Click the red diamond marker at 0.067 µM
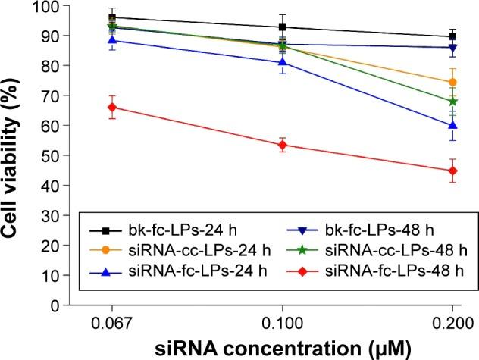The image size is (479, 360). click(112, 107)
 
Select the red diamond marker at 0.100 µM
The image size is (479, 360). click(283, 145)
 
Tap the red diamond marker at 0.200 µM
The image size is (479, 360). click(452, 171)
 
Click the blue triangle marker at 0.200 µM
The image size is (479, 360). click(452, 125)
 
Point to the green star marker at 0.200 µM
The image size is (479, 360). click(452, 101)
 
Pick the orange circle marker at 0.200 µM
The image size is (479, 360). click(452, 82)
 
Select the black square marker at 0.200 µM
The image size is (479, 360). click(452, 36)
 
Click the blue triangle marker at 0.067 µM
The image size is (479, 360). click(112, 40)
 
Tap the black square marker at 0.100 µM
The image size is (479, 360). click(283, 27)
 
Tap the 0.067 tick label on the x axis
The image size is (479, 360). click(112, 321)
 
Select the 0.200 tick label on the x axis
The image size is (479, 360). click(452, 321)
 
